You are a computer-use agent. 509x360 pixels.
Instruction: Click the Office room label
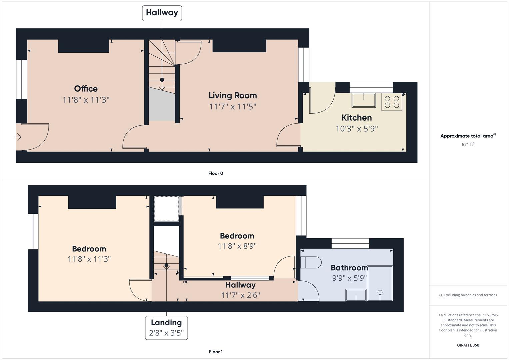click(x=86, y=89)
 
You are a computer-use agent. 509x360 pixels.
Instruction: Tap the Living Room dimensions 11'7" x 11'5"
click(x=233, y=107)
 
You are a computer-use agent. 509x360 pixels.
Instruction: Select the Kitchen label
click(x=357, y=118)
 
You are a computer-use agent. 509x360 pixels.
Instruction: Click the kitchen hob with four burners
click(x=392, y=102)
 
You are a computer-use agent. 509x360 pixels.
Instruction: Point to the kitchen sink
click(x=364, y=100)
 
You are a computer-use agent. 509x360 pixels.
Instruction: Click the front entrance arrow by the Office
click(x=18, y=137)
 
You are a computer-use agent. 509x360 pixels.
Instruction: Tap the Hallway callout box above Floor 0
click(x=162, y=13)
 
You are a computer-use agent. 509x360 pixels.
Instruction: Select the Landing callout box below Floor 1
click(x=166, y=328)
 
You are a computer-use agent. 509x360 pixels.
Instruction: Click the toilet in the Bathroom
click(x=311, y=263)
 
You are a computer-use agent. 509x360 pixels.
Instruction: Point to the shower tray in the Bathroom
click(x=380, y=283)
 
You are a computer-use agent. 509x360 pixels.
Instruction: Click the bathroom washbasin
click(x=356, y=295)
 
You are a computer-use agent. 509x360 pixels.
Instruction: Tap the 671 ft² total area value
click(x=468, y=144)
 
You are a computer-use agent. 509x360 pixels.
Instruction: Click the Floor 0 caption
click(x=216, y=173)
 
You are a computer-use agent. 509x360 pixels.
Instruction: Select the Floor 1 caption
click(x=216, y=352)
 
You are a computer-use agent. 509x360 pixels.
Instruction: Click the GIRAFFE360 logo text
click(x=468, y=345)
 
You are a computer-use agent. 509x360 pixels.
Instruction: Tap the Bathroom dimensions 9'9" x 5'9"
click(x=349, y=278)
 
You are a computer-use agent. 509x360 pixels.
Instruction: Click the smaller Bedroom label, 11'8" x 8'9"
click(x=237, y=236)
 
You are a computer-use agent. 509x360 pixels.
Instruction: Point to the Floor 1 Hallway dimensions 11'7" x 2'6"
click(x=241, y=295)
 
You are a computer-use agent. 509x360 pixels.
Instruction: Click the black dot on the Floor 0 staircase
click(x=162, y=80)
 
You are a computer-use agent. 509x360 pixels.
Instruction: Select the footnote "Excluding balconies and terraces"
click(x=470, y=295)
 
